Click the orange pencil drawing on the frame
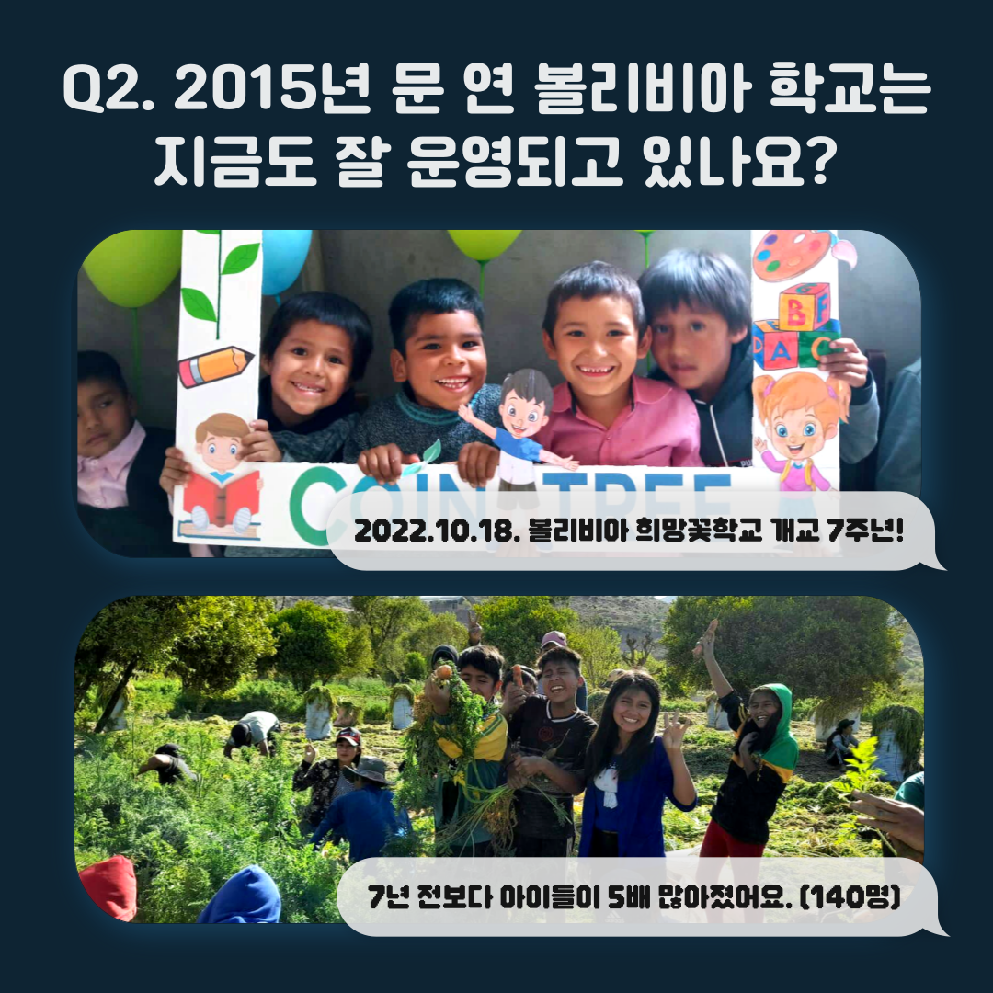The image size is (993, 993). pos(215,367)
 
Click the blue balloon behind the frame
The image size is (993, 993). pos(285,259)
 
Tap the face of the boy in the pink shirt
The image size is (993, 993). pos(595,343)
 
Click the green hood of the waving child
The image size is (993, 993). pos(778,727)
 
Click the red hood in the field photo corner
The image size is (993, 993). pos(108,886)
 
